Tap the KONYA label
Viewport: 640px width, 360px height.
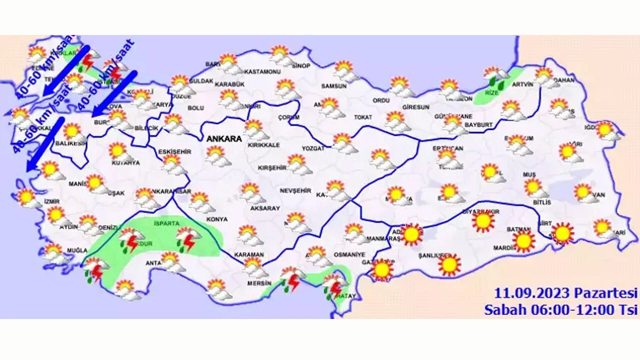[x=216, y=219]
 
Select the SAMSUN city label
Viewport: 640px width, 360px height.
[x=334, y=86]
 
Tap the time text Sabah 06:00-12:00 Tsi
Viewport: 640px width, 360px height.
[x=560, y=310]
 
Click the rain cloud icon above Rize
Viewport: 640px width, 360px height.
[x=495, y=75]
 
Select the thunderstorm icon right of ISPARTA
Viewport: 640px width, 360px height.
[x=187, y=239]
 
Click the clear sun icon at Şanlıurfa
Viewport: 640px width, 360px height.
[x=449, y=264]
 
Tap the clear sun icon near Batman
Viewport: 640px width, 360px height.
[x=523, y=241]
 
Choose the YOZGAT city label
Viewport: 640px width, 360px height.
[x=313, y=148]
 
